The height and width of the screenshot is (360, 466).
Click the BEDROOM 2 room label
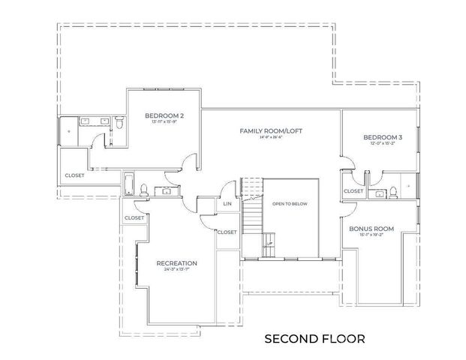tap(165, 116)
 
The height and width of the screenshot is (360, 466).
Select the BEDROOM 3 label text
tap(382, 138)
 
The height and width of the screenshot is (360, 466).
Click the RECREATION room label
tap(176, 263)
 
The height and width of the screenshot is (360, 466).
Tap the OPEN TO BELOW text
tap(290, 204)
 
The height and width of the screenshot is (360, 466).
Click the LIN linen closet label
tap(227, 204)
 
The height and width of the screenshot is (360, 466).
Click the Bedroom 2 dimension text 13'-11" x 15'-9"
tap(165, 123)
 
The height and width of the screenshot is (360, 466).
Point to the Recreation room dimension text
tap(176, 270)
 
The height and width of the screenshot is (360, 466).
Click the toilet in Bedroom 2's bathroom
tap(119, 121)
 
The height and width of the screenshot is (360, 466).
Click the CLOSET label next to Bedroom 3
tap(353, 191)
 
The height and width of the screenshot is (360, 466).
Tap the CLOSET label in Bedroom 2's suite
tap(74, 175)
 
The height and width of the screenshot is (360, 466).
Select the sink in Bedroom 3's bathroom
tap(380, 193)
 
